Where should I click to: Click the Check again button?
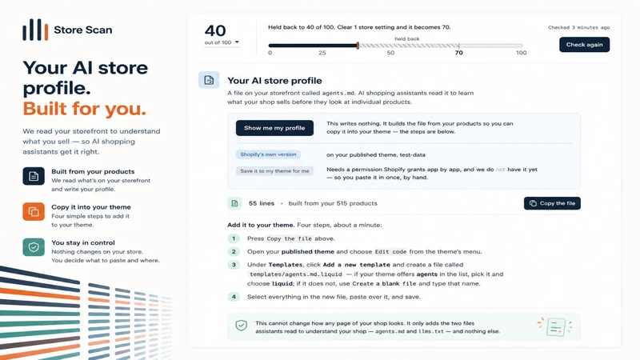click(584, 45)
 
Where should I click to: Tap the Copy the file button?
click(552, 203)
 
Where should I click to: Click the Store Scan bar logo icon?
click(35, 30)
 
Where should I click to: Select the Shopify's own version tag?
click(268, 154)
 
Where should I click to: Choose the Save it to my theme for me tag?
click(274, 171)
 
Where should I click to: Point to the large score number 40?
click(215, 30)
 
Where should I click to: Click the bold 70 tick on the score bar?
click(458, 53)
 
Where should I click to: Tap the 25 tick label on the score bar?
click(322, 53)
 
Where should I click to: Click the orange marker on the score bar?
click(358, 46)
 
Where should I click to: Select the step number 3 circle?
click(234, 265)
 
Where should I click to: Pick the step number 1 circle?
click(234, 238)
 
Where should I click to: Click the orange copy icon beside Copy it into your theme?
click(34, 211)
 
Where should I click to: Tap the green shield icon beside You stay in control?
click(34, 247)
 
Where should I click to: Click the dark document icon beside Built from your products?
click(34, 176)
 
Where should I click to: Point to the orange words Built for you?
click(84, 109)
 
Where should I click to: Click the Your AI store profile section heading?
click(274, 81)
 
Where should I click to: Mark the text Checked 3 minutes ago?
click(578, 27)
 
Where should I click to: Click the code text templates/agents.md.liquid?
click(296, 274)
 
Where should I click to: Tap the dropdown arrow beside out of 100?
click(237, 42)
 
